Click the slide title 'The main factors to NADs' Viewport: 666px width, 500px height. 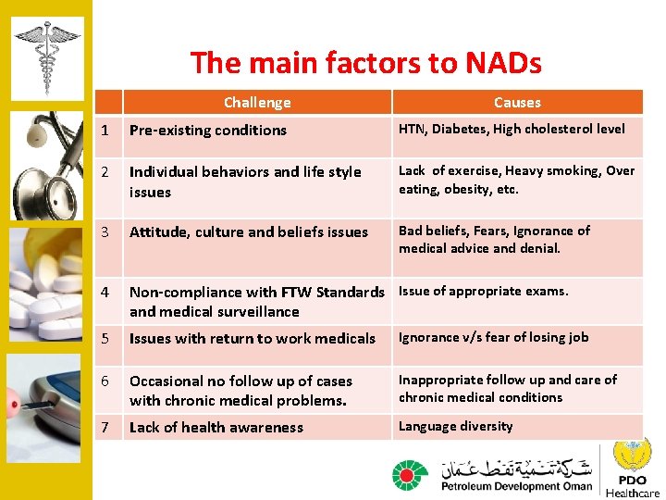point(365,63)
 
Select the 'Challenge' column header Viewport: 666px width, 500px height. point(257,103)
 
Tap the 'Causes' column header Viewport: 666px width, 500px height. point(517,103)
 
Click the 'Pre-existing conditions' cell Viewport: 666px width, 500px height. point(208,131)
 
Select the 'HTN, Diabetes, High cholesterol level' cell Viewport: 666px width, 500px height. point(512,130)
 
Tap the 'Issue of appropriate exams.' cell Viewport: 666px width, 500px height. point(483,291)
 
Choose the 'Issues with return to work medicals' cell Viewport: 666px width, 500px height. point(253,339)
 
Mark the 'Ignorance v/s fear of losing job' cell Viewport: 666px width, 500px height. point(493,337)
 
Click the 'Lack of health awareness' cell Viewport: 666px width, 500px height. point(216,428)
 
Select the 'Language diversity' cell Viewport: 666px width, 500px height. point(455,426)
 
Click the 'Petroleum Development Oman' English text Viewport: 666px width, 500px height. point(516,486)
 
